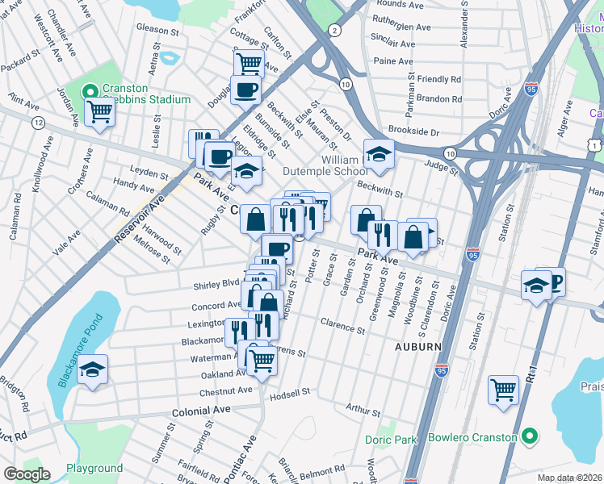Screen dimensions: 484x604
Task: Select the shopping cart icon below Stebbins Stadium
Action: coord(100,111)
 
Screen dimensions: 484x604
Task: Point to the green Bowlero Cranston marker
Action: coord(530,437)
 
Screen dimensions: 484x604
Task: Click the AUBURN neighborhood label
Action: coord(417,346)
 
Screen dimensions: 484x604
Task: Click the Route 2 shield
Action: coord(334,30)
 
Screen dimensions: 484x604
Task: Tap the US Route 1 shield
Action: coord(594,144)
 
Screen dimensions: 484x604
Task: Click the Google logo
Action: coord(27,474)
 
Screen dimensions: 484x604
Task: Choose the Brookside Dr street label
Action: coord(412,131)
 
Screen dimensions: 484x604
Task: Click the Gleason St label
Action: coord(157,29)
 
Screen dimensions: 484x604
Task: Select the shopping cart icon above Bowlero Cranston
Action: coord(503,390)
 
